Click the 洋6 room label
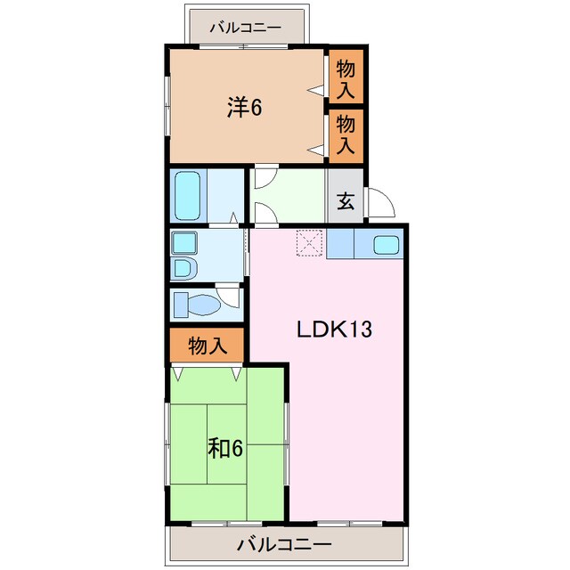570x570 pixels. pos(244,107)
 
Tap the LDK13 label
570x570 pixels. pos(335,330)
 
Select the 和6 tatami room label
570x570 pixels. pos(225,448)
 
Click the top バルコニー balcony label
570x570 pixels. pos(246,28)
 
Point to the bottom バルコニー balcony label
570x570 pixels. pos(284,545)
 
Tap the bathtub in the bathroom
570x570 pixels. pos(188,196)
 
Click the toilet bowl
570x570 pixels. pos(204,305)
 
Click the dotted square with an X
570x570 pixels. pos(309,243)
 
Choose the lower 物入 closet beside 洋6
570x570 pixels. pos(346,135)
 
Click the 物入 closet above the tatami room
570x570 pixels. pos(207,346)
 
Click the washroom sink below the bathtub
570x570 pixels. pos(184,243)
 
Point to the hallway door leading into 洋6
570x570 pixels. pos(265,176)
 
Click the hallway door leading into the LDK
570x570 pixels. pos(265,215)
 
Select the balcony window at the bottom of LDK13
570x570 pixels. pos(350,524)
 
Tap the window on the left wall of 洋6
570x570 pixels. pos(167,106)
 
